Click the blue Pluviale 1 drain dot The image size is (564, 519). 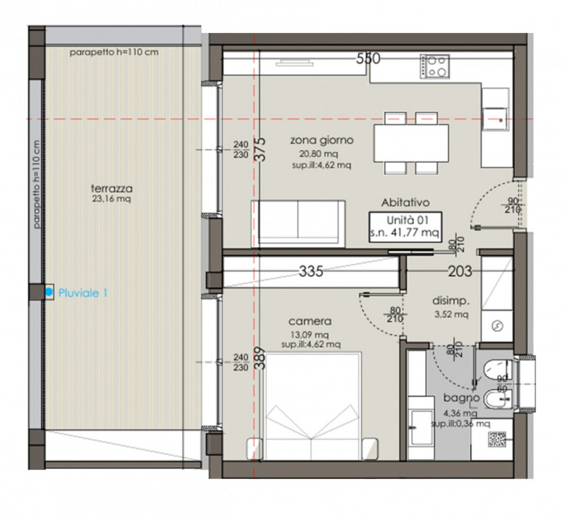pyautogui.click(x=49, y=292)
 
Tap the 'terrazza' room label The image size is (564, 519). pyautogui.click(x=111, y=188)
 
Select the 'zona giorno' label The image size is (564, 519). pyautogui.click(x=321, y=139)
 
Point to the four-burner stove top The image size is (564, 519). pyautogui.click(x=434, y=66)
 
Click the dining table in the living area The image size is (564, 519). pyautogui.click(x=411, y=143)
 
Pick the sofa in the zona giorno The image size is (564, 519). pyautogui.click(x=298, y=224)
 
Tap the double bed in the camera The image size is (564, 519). pyautogui.click(x=312, y=406)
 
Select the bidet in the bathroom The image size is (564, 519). pyautogui.click(x=498, y=399)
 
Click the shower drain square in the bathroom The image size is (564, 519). pyautogui.click(x=497, y=439)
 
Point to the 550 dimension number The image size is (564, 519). pyautogui.click(x=368, y=58)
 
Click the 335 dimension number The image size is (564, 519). pyautogui.click(x=311, y=271)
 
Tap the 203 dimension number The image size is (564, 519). pyautogui.click(x=460, y=271)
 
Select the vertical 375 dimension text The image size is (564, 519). pyautogui.click(x=261, y=149)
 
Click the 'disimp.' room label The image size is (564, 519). pyautogui.click(x=450, y=301)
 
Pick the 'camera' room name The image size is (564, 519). pyautogui.click(x=309, y=321)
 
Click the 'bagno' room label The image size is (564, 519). pyautogui.click(x=462, y=398)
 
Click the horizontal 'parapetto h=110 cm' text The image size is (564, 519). pyautogui.click(x=114, y=52)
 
